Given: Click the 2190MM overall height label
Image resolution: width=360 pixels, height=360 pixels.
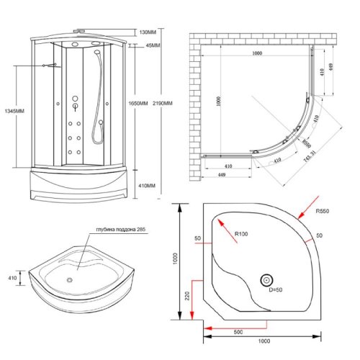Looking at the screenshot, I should point(163,103).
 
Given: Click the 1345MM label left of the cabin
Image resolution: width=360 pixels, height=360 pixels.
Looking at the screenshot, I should point(14,111).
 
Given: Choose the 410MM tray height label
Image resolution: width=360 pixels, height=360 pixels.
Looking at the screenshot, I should point(146,185).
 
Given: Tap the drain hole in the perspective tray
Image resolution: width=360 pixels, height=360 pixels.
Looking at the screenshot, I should point(70,280).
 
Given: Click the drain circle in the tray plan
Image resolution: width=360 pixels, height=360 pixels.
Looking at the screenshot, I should point(268,280).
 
